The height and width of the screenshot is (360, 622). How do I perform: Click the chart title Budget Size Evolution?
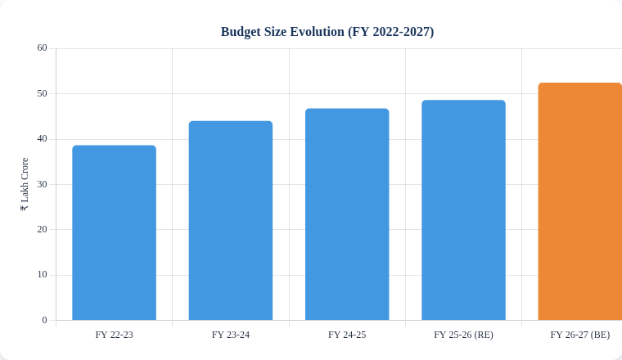tap(282, 32)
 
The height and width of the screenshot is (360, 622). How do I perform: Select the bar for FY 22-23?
tap(114, 233)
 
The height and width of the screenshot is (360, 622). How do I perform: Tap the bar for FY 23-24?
tap(231, 221)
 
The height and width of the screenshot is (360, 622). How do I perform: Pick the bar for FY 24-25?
tap(347, 214)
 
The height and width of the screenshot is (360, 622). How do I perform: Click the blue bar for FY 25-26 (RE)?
tap(463, 210)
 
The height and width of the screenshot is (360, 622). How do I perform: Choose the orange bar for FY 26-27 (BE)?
tap(579, 201)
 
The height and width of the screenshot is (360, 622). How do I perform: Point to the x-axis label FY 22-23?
tap(114, 335)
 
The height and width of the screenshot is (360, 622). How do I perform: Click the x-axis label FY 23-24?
tap(231, 335)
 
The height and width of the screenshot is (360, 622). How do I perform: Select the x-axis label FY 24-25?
tap(347, 335)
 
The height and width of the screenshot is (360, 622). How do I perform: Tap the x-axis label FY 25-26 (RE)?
tap(463, 335)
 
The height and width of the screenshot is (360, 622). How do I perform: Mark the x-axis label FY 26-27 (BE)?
tap(579, 335)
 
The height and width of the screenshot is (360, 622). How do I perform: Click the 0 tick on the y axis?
tap(44, 320)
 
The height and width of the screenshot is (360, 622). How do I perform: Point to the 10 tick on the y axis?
tap(42, 275)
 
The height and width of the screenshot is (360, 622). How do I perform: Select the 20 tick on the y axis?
tap(42, 229)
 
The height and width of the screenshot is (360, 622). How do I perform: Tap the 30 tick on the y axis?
tap(42, 184)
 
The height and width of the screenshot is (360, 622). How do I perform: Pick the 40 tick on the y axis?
tap(42, 139)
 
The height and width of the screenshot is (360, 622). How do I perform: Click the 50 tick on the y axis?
tap(42, 93)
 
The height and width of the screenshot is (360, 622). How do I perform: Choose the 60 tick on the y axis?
tap(42, 48)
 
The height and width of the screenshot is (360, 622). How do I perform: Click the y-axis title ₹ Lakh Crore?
tap(25, 184)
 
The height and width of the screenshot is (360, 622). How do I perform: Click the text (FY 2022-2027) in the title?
tap(390, 32)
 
